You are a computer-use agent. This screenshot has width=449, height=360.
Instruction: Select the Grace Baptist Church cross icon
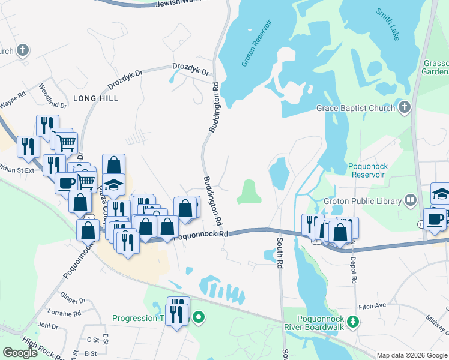(405, 108)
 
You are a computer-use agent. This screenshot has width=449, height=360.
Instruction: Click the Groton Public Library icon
(411, 200)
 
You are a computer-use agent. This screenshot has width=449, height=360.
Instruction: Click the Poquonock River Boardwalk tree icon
(354, 323)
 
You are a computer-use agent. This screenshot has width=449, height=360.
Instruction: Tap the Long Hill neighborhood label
(95, 98)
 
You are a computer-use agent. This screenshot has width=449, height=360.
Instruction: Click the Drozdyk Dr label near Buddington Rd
(190, 70)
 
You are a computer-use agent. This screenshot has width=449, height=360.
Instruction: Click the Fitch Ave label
(372, 306)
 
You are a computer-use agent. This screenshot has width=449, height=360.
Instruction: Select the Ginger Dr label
(73, 298)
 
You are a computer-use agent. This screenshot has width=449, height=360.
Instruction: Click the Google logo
(20, 353)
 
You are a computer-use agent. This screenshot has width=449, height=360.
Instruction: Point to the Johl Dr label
(47, 325)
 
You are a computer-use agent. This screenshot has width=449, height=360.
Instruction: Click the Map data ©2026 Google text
(412, 355)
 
